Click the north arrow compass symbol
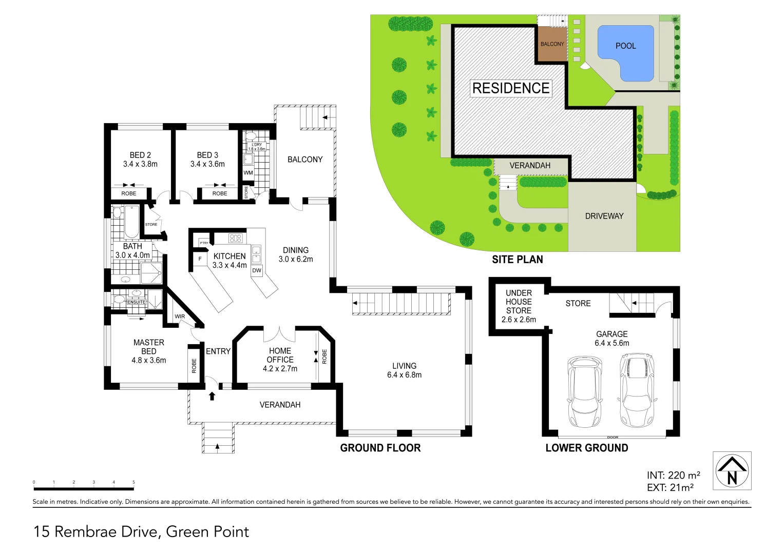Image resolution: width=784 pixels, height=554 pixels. pyautogui.click(x=732, y=470)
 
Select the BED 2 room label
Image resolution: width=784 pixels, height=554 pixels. pyautogui.click(x=140, y=155)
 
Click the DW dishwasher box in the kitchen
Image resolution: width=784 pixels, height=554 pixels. pyautogui.click(x=257, y=270)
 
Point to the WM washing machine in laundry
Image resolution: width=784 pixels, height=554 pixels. pyautogui.click(x=248, y=173)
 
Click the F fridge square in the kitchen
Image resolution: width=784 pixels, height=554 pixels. pyautogui.click(x=200, y=259)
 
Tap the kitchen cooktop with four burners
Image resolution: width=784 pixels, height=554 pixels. pyautogui.click(x=235, y=238)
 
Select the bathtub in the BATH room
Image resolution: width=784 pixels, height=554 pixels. pyautogui.click(x=131, y=221)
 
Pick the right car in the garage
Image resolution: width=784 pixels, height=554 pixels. pyautogui.click(x=637, y=390)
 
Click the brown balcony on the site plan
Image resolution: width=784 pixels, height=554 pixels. pyautogui.click(x=552, y=44)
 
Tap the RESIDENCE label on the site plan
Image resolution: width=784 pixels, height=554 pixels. pyautogui.click(x=511, y=88)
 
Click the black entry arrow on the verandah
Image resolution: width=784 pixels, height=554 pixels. pyautogui.click(x=212, y=395)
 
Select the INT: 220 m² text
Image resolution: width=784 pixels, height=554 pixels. pyautogui.click(x=673, y=476)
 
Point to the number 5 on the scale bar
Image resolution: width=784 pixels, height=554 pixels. pyautogui.click(x=133, y=482)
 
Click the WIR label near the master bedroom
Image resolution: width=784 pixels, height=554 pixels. pyautogui.click(x=180, y=316)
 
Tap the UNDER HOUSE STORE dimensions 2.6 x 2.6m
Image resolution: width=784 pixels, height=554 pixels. pyautogui.click(x=519, y=320)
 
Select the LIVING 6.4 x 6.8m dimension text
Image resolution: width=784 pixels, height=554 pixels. pyautogui.click(x=404, y=375)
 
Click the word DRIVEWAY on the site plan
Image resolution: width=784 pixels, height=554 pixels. pyautogui.click(x=604, y=216)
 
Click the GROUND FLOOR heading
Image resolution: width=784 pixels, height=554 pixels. pyautogui.click(x=380, y=448)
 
